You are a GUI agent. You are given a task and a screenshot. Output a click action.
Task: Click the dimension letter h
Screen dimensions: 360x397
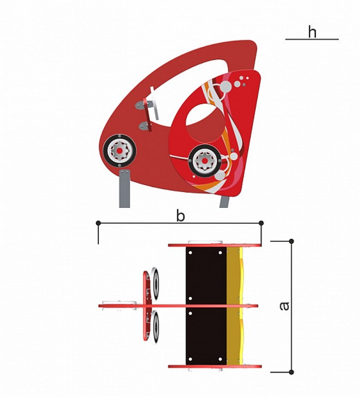[x=312, y=32]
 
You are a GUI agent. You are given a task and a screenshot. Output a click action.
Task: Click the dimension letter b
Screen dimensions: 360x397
[x=180, y=216]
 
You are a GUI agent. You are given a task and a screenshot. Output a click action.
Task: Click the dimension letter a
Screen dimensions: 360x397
[x=284, y=306]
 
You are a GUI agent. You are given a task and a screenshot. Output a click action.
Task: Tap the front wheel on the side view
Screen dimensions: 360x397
[x=120, y=151]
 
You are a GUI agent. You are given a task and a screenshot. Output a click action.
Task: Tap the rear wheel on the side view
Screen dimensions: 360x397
[x=205, y=161]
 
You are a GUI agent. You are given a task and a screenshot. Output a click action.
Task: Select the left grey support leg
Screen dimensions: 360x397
[x=125, y=189]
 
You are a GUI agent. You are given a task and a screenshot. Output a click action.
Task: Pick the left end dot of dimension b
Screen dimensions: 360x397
[x=98, y=223]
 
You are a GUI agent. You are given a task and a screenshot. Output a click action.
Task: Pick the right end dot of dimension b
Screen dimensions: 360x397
[x=261, y=223]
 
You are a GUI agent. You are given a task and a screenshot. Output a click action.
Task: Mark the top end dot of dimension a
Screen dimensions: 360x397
[x=291, y=241]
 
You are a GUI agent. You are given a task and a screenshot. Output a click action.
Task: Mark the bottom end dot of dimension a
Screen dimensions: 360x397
[x=291, y=372]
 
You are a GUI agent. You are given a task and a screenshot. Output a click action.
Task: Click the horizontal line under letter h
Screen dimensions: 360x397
[x=312, y=39]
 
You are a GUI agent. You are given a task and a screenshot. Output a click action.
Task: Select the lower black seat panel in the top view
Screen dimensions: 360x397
[x=206, y=336]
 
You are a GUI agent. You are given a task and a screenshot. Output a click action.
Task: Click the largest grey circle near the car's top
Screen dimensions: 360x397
[x=225, y=86]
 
